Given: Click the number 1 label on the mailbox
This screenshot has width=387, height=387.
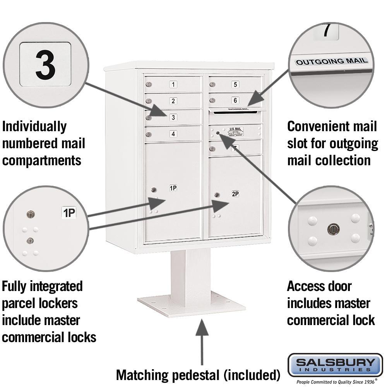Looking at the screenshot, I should (173, 84).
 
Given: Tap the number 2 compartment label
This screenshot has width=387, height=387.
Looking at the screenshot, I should (173, 101).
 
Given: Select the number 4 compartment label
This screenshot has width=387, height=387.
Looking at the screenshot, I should (173, 134).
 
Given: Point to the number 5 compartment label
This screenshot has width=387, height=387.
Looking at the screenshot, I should (235, 84).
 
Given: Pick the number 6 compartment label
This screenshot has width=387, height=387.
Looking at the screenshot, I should (235, 100).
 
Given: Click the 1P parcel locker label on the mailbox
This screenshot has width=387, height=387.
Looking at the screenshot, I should (173, 188).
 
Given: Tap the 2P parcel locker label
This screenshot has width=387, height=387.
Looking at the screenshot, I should (235, 193).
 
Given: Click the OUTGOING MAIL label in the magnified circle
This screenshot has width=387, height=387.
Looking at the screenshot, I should (332, 61).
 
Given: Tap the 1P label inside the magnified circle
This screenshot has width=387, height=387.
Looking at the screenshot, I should (69, 212).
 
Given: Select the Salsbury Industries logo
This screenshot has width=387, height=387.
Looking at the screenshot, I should (335, 365).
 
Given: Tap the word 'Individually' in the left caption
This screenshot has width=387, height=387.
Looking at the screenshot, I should (34, 126).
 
